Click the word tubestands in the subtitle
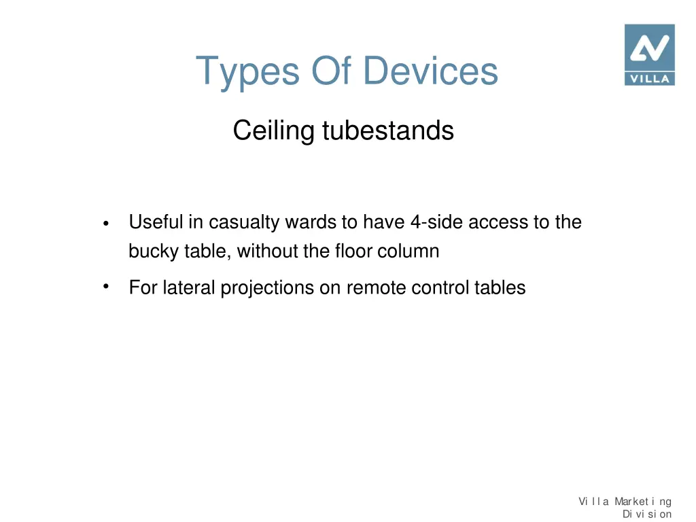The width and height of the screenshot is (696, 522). click(387, 130)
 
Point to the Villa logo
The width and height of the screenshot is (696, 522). click(649, 54)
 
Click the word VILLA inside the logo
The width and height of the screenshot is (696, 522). click(649, 78)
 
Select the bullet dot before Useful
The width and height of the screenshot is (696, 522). click(106, 224)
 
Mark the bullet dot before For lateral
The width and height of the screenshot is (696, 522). click(106, 286)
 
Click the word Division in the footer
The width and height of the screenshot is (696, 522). click(646, 514)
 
